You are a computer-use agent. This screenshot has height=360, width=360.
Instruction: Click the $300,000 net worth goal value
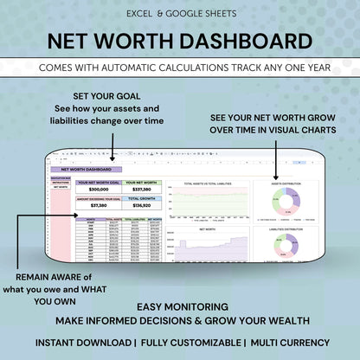[x=99, y=189]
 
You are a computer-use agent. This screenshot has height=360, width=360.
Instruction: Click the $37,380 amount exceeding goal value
[x=99, y=206]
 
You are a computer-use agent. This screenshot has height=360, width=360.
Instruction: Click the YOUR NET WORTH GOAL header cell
[x=99, y=183]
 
